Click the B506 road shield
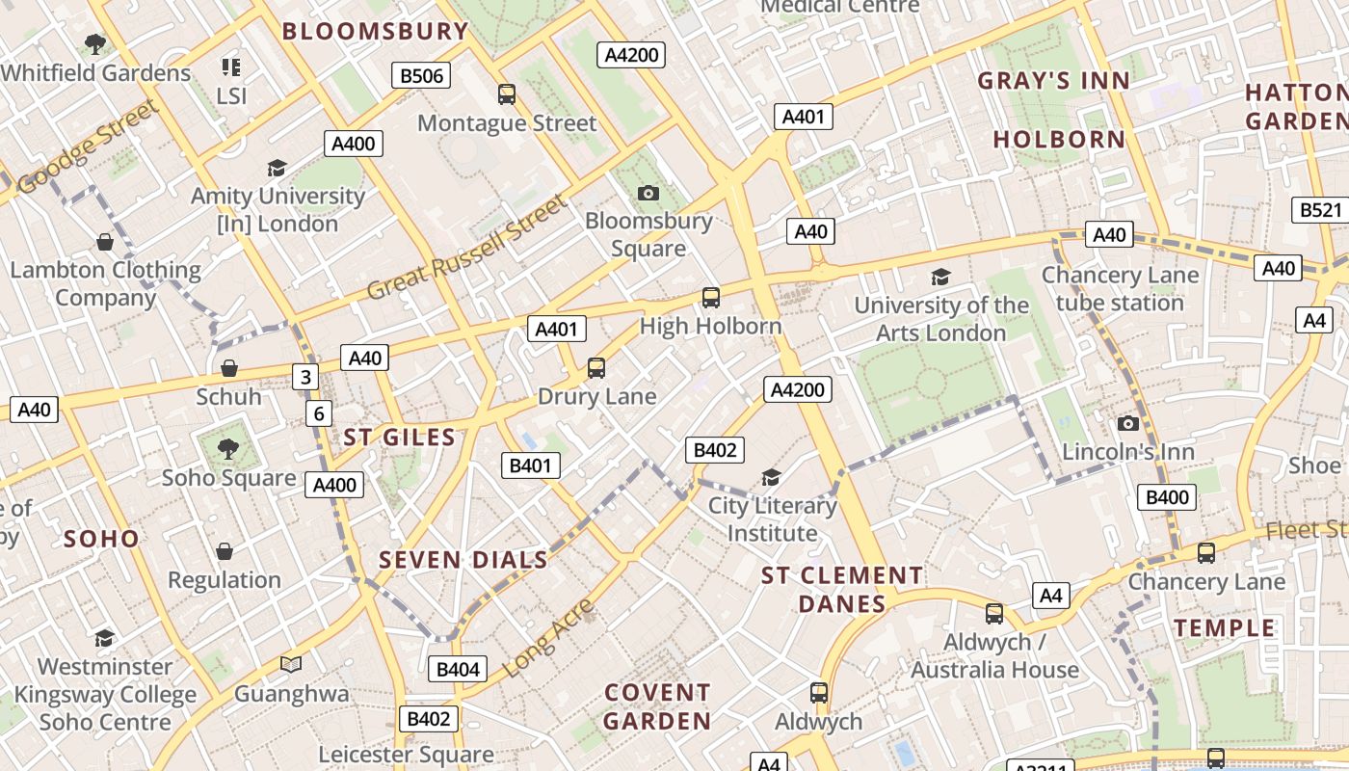[x=421, y=75]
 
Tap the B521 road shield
[x=1318, y=210]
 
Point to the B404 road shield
[x=458, y=669]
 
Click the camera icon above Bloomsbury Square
[x=648, y=193]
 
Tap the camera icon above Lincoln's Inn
[x=1127, y=423]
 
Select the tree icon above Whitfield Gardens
[x=94, y=43]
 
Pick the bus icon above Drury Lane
[x=596, y=367]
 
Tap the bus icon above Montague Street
[x=507, y=93]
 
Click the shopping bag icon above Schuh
[x=229, y=368]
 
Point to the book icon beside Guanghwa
[x=291, y=664]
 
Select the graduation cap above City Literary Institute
[x=771, y=477]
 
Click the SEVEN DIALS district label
[x=463, y=560]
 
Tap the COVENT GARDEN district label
[x=657, y=706]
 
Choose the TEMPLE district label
[x=1225, y=628]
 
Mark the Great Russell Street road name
[x=469, y=248]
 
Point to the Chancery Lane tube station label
[x=1120, y=289]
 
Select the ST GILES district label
[x=399, y=438]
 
